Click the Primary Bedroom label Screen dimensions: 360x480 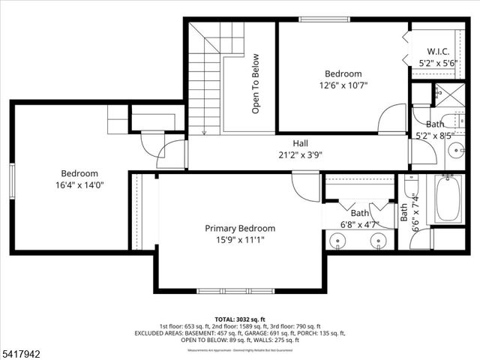click(x=240, y=228)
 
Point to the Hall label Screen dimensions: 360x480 click(x=300, y=143)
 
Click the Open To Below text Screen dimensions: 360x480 click(x=256, y=83)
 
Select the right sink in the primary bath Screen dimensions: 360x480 click(x=379, y=241)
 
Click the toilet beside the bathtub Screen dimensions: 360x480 click(x=411, y=187)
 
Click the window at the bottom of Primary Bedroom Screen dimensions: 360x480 click(x=229, y=290)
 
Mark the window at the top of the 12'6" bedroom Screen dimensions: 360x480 click(x=314, y=19)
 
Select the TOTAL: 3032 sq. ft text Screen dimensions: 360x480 click(x=239, y=318)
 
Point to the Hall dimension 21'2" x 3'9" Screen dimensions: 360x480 click(x=300, y=155)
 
